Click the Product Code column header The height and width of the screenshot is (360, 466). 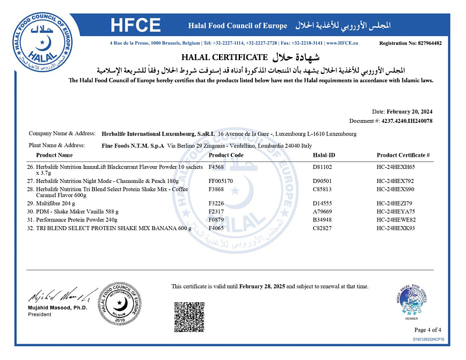(226, 155)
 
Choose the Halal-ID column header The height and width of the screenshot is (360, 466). (324, 155)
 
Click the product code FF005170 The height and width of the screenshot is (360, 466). (221, 181)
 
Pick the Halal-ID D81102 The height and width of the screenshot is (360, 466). (323, 167)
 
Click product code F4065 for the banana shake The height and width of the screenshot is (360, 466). (217, 228)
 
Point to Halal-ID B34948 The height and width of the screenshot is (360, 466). (323, 220)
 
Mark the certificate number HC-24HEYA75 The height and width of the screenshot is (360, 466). (396, 212)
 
